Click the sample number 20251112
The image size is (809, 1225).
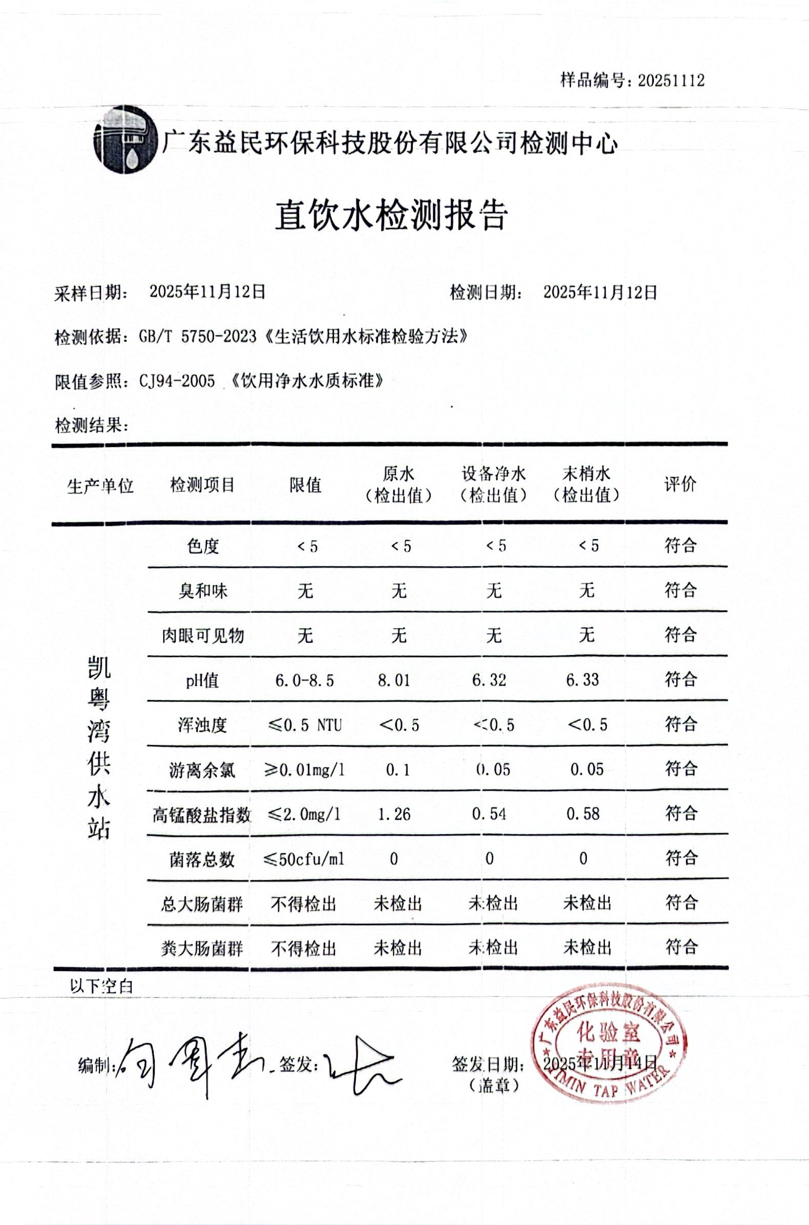coord(671,80)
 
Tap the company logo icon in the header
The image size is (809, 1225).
coord(126,140)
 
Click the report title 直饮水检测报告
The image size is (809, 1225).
coord(391,215)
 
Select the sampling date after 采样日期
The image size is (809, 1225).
coord(207,292)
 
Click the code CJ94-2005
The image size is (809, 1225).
coord(177,382)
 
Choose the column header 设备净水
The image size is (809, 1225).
coord(493,474)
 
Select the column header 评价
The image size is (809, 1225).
coord(680,484)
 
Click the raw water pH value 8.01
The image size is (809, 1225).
coord(394,680)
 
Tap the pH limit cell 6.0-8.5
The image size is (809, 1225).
coord(305,680)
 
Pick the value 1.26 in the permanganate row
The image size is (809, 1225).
coord(394,814)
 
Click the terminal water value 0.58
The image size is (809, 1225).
coord(583,814)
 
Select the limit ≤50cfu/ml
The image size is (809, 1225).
coord(304,859)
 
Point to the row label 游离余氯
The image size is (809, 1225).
coord(202,770)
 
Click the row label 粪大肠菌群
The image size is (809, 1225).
coord(201,948)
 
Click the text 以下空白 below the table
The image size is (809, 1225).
coord(102,986)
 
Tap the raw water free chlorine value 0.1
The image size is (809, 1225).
coord(397,770)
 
